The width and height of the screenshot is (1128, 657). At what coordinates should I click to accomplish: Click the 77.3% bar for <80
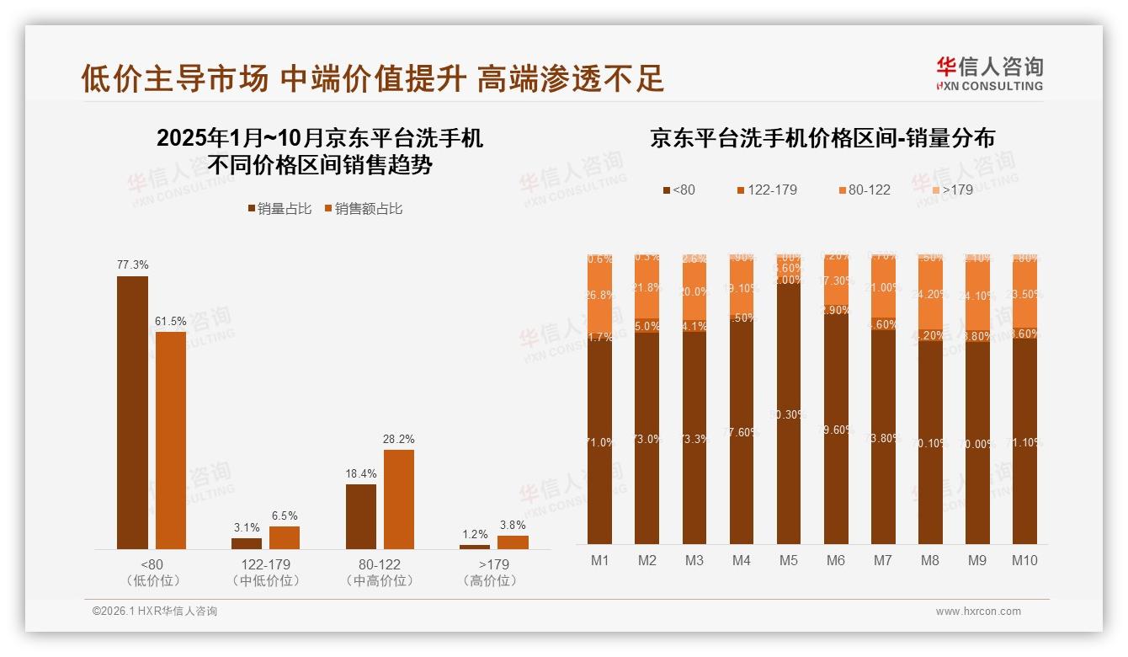coord(132,413)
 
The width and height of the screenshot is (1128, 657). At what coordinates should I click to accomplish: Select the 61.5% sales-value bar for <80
coord(171,440)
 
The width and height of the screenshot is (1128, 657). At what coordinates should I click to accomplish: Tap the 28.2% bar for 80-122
coord(399,499)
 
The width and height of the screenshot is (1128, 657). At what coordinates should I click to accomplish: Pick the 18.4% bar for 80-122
coord(361,516)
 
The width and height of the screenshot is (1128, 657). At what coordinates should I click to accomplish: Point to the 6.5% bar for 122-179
coord(285,537)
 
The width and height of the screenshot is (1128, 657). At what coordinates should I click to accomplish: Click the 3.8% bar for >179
coord(513,542)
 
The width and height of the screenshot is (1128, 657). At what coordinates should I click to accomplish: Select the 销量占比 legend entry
coord(279,209)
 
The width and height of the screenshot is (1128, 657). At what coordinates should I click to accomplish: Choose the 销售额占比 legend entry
coord(363,209)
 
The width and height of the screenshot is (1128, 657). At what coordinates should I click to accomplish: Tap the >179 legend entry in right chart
coord(951,190)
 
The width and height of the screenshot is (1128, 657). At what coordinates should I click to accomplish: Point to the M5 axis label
coord(788,560)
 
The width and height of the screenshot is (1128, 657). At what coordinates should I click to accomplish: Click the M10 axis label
coord(1024,560)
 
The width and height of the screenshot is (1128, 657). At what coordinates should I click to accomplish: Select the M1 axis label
coord(600,560)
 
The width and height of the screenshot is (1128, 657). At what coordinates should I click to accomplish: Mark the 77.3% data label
coord(133,264)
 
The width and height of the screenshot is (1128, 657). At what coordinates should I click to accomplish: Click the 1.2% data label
coord(475,534)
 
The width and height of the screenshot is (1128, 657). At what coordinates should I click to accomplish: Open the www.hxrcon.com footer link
coord(978,612)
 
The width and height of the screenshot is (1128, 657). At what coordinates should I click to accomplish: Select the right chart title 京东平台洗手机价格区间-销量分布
coord(822,138)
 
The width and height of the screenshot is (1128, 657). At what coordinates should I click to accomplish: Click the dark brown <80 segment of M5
coord(789,413)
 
